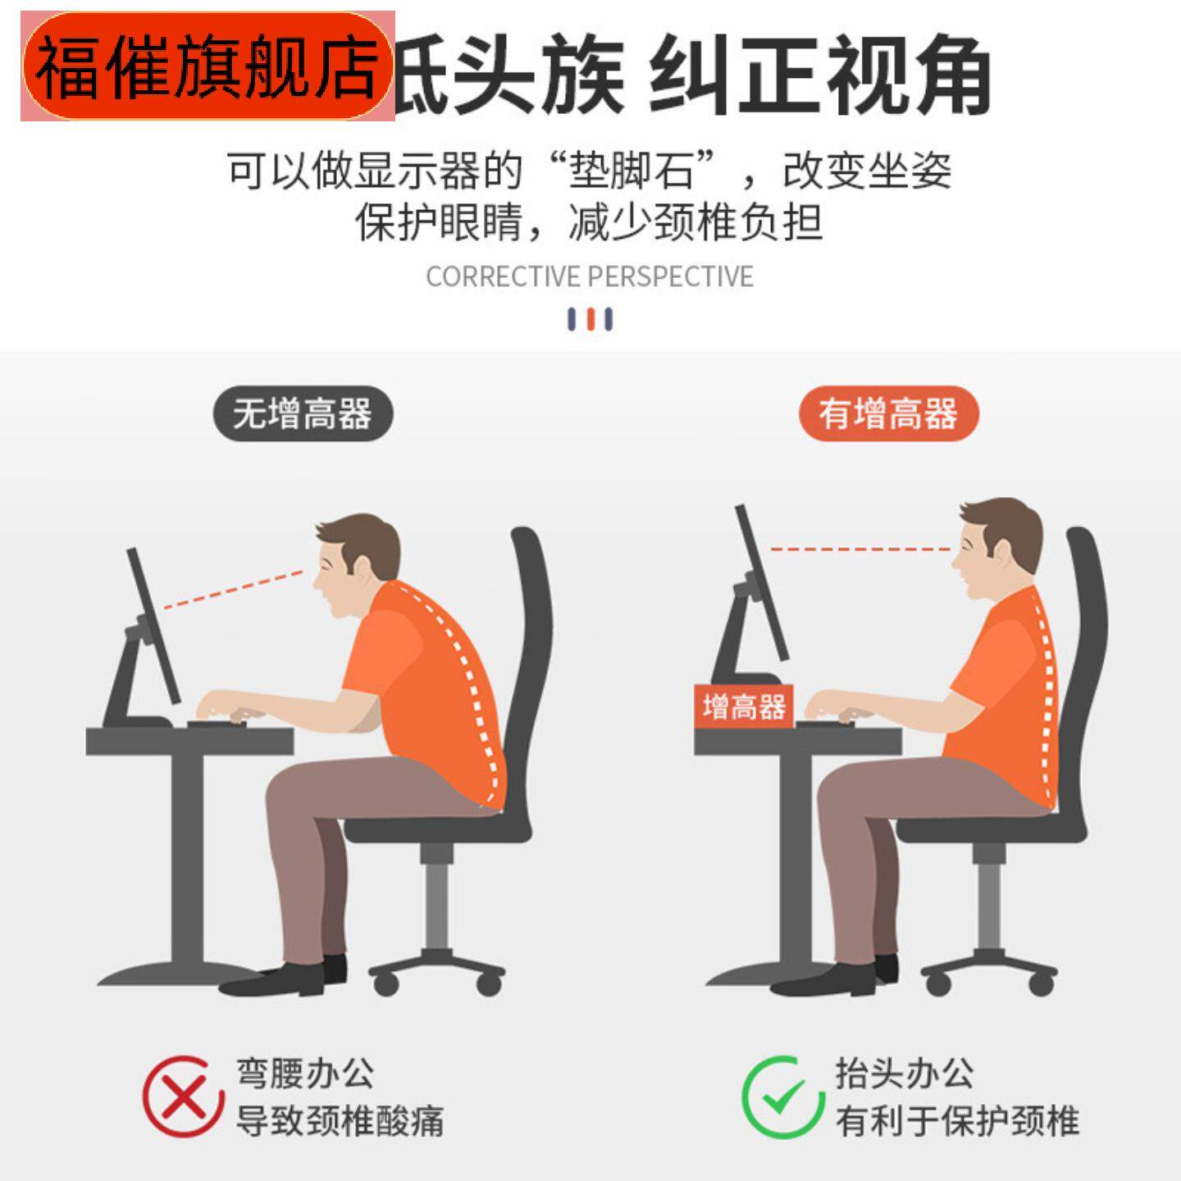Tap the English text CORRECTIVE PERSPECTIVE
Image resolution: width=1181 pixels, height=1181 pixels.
(x=589, y=276)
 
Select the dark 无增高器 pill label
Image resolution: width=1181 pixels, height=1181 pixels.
(x=303, y=413)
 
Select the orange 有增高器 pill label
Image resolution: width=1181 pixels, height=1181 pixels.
(x=888, y=413)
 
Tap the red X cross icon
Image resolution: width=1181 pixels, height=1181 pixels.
(x=183, y=1097)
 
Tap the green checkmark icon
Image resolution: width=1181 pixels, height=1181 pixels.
(x=782, y=1097)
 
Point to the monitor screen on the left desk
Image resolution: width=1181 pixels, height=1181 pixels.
(x=153, y=627)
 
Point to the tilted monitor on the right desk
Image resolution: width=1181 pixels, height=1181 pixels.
(x=762, y=582)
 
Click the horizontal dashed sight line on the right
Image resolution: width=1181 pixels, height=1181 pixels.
(x=857, y=549)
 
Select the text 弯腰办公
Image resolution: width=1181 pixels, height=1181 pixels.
(x=305, y=1073)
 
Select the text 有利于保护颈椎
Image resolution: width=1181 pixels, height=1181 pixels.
(x=956, y=1120)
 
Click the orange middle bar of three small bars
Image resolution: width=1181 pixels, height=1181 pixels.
(x=590, y=319)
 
